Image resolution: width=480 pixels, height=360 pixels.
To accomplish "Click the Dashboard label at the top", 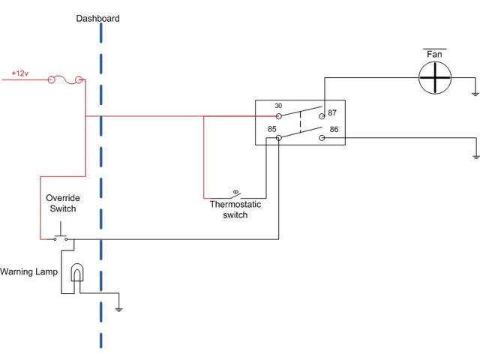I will [x=97, y=18].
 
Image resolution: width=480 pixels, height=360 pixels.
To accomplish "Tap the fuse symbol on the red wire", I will [x=65, y=79].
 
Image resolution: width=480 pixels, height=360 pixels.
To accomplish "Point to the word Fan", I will [x=435, y=55].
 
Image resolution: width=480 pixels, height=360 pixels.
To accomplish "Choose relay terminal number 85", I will [x=273, y=128].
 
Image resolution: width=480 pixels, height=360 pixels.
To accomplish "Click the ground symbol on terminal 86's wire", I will [x=475, y=156].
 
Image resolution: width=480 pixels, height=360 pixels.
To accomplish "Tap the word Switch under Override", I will [x=63, y=208].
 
